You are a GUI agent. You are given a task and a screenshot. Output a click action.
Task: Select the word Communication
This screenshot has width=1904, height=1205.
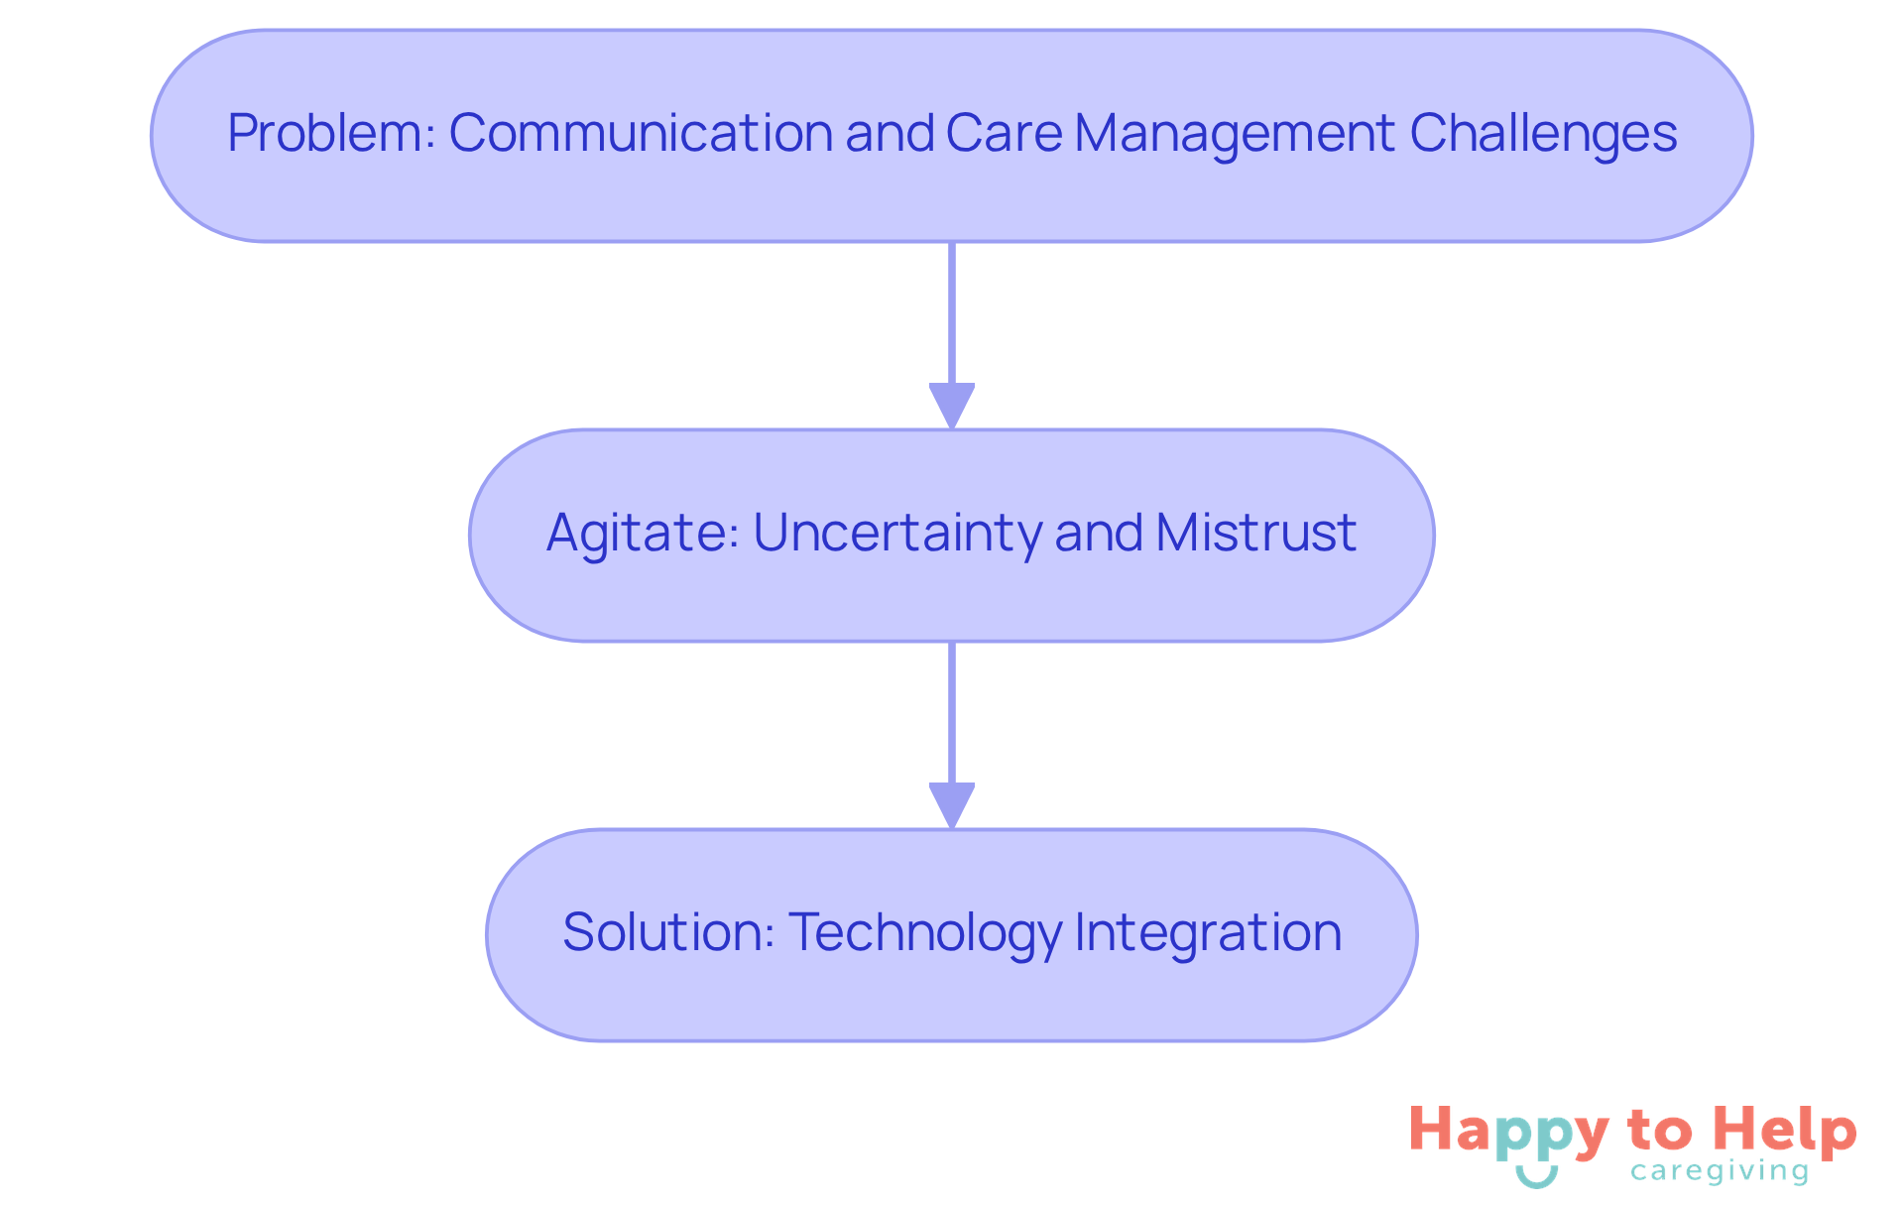640,134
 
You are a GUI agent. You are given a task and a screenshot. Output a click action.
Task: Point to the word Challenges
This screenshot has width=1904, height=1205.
1543,134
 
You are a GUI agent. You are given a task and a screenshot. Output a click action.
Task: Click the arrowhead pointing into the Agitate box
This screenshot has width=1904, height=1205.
952,406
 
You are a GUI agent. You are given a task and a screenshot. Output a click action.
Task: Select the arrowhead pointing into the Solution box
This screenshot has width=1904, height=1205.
952,805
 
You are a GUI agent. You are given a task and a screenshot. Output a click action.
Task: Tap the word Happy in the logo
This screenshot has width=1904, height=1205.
1508,1133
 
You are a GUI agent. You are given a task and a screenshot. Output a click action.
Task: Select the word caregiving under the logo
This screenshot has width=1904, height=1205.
1720,1172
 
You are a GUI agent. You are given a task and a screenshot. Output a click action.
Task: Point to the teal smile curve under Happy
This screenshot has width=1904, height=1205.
1536,1177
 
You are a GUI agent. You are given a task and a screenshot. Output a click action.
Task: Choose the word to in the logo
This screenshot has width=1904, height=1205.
1659,1132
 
